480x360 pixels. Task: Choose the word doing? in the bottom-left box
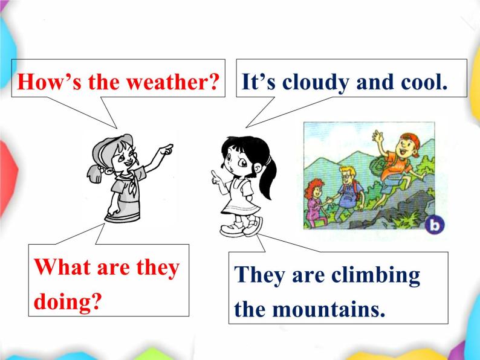coord(67,301)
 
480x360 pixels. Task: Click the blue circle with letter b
coord(434,227)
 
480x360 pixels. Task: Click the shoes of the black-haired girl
coord(242,228)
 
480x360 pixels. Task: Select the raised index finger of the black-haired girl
coord(214,175)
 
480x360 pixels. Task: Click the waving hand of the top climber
coord(377,135)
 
